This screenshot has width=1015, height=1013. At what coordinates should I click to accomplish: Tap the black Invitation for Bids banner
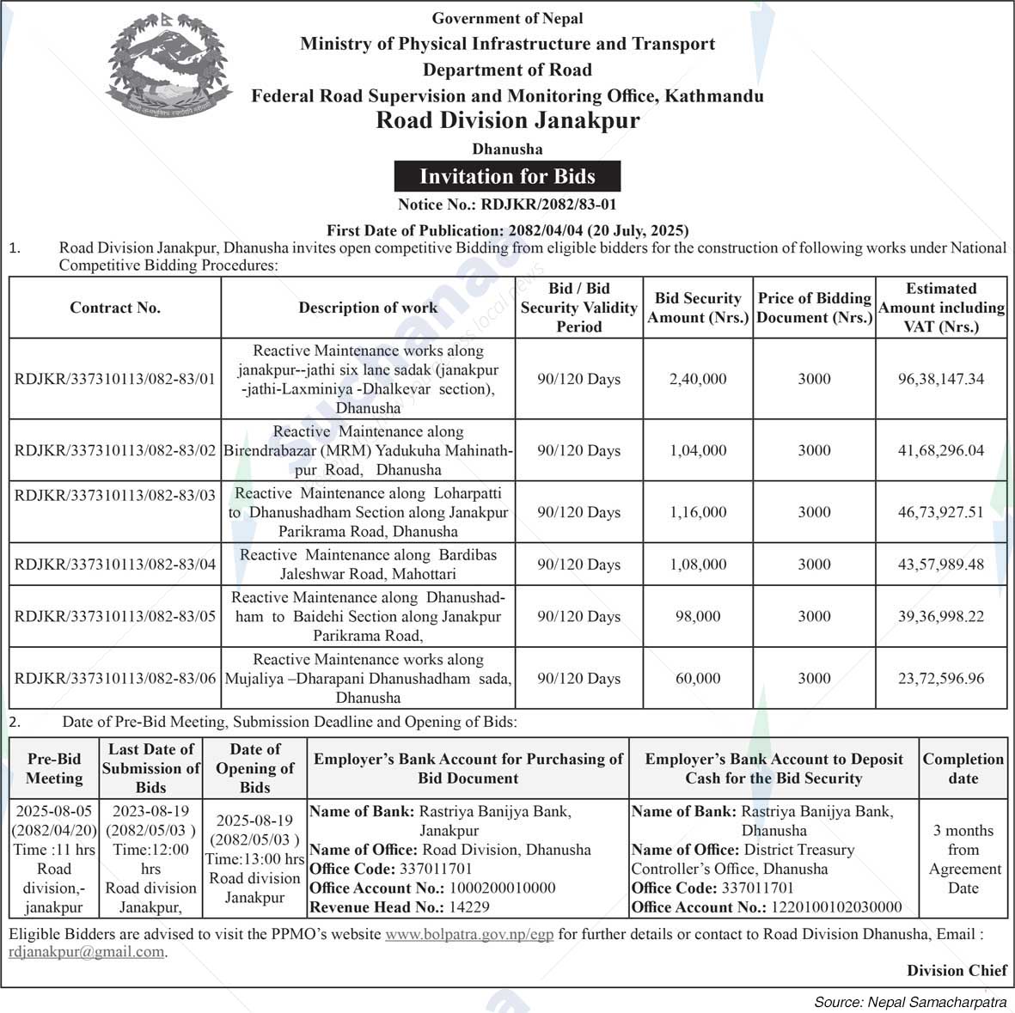pos(507,177)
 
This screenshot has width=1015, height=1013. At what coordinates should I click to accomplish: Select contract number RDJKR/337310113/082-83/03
pos(115,495)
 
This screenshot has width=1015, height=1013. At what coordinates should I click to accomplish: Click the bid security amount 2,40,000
pos(698,379)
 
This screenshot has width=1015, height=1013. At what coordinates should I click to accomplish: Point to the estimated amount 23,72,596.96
pos(941,679)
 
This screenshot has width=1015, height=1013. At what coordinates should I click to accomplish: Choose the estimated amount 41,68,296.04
pos(941,450)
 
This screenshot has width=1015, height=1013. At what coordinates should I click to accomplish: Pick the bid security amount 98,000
pos(698,616)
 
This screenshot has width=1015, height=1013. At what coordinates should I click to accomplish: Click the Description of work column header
pos(368,308)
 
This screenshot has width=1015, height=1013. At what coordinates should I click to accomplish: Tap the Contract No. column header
pos(115,308)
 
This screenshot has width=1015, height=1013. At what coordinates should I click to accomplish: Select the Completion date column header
pos(963,768)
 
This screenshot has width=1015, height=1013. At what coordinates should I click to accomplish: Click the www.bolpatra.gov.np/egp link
pos(469,934)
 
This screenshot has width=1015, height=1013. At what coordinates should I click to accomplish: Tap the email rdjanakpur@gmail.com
pos(86,952)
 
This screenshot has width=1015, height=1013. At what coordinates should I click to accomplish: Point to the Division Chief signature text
pos(957,971)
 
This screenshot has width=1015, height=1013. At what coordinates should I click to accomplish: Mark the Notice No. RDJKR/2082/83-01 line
pos(507,204)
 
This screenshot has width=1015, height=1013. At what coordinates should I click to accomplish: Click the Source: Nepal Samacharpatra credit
pos(910,1002)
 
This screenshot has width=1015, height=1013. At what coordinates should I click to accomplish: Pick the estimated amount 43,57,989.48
pos(941,564)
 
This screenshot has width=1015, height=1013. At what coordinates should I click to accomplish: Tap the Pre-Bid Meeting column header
pos(54,768)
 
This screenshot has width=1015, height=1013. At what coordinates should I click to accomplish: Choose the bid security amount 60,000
pos(698,679)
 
